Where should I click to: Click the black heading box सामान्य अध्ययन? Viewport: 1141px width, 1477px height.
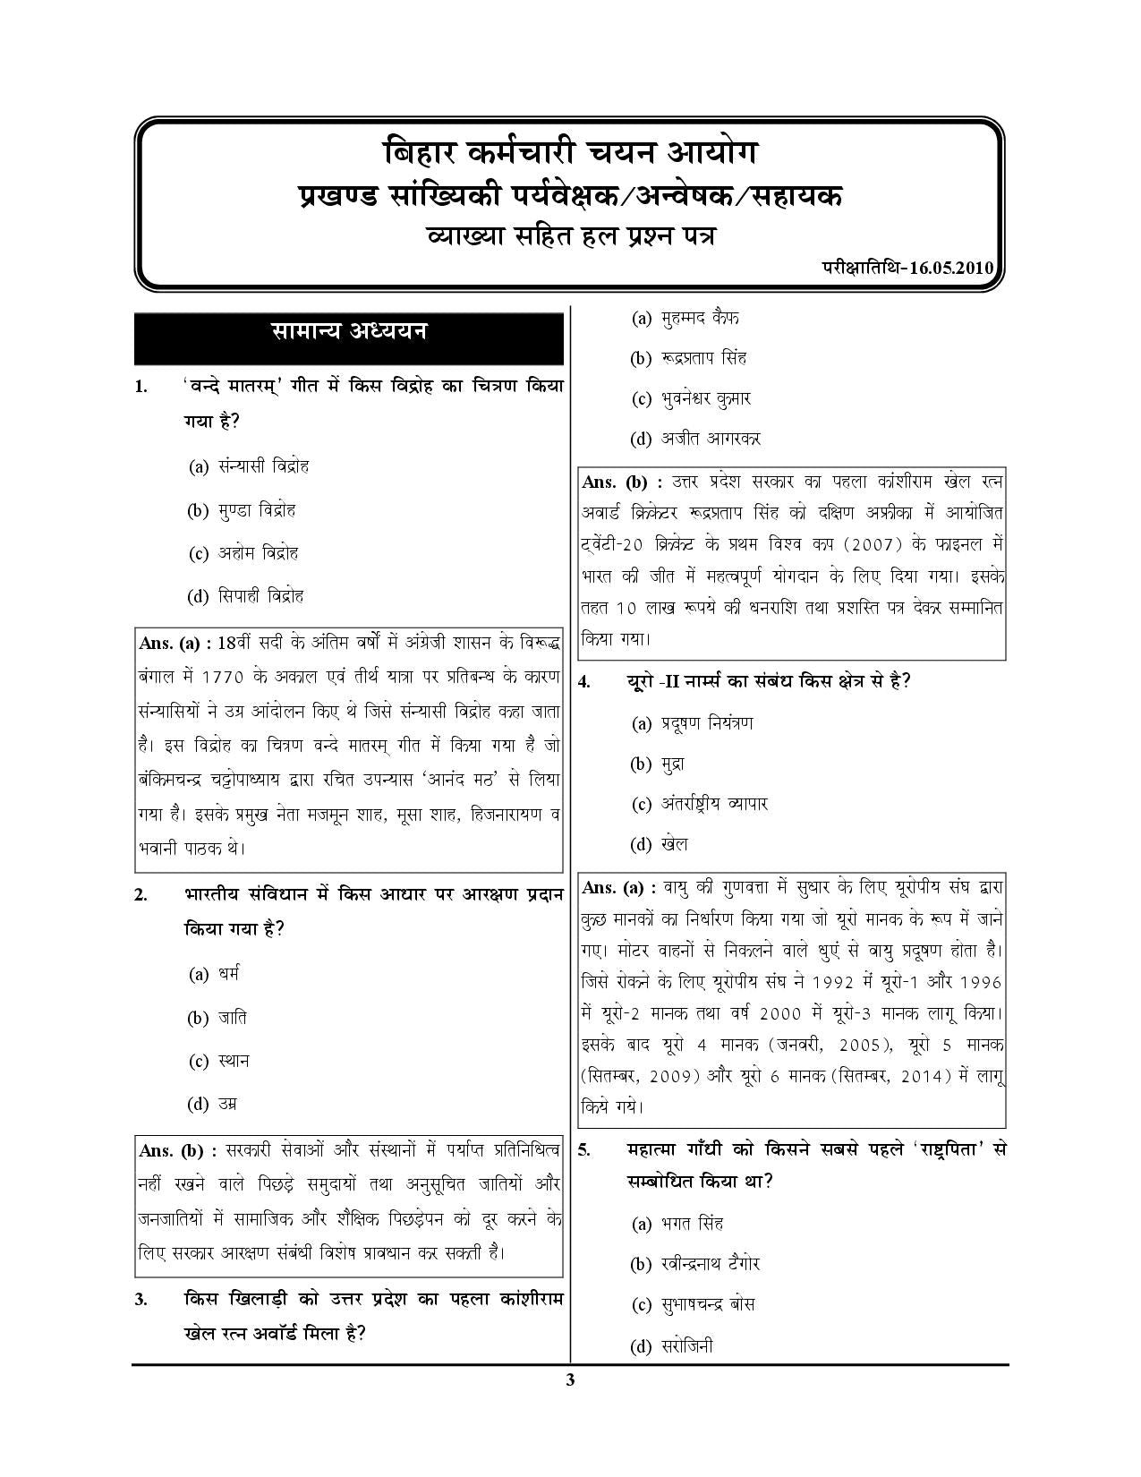coord(348,333)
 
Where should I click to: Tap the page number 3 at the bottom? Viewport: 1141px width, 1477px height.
coord(570,1379)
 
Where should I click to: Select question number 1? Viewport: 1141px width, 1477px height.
coord(140,387)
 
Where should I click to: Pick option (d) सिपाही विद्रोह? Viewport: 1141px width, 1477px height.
coord(246,596)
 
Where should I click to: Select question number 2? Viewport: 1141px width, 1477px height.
coord(140,895)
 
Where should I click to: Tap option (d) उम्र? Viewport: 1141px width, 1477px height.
coord(212,1104)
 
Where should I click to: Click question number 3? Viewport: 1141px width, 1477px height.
coord(140,1300)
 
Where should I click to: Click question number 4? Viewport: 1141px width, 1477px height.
coord(584,682)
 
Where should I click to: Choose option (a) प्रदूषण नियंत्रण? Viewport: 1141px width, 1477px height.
coord(692,722)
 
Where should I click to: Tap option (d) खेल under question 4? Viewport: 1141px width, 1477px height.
coord(660,843)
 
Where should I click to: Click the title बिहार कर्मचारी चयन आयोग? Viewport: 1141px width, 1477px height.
coord(570,152)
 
